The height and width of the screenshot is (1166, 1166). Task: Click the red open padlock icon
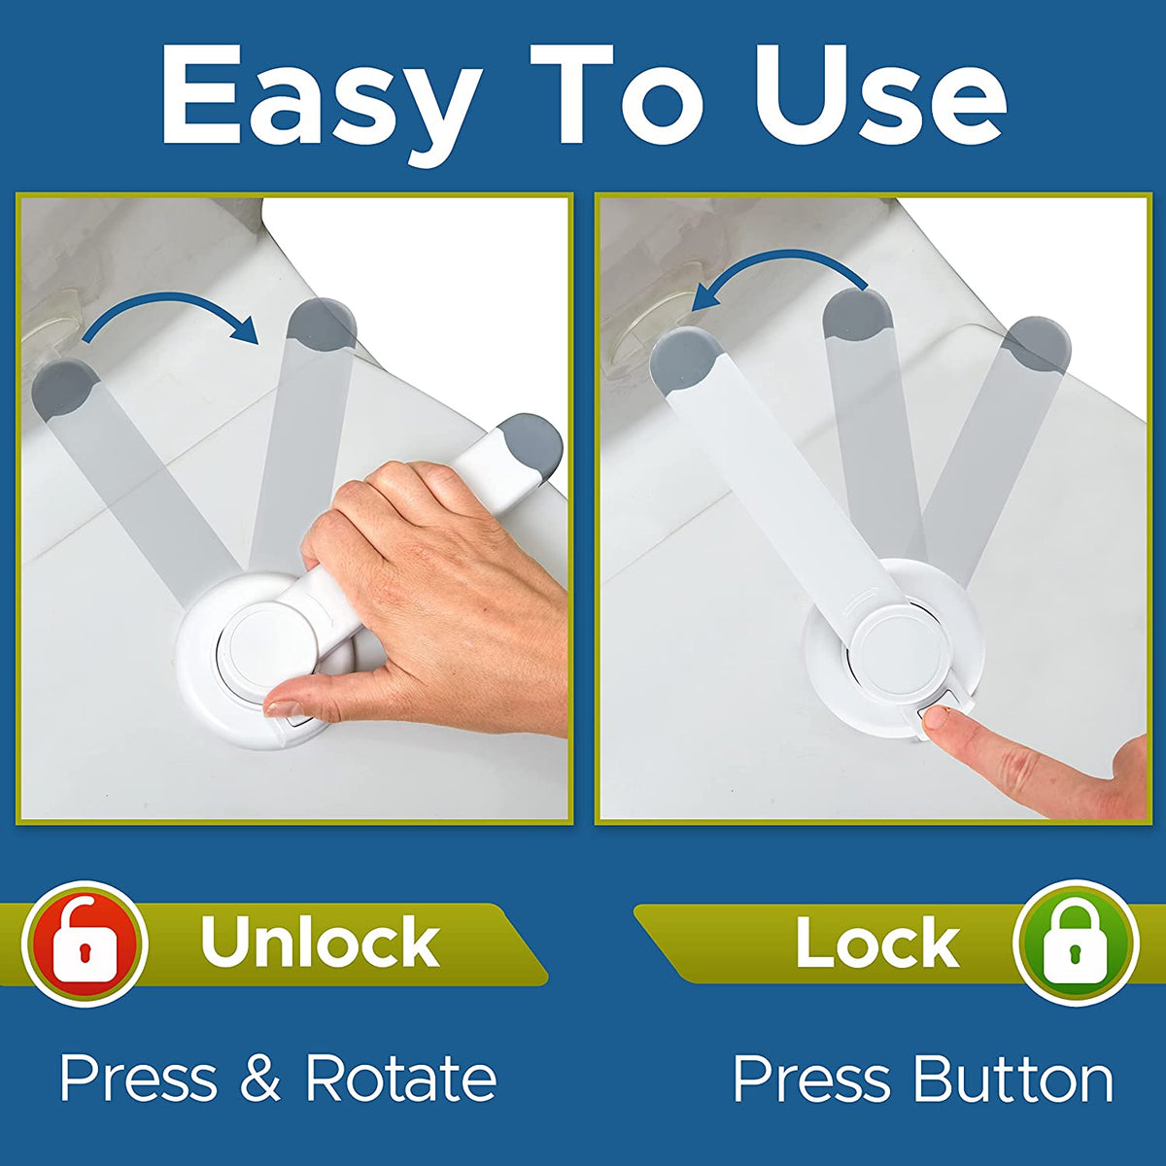(x=85, y=943)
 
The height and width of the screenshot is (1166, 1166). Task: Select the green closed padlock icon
(x=1075, y=942)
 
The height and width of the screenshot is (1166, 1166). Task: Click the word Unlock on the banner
(x=320, y=942)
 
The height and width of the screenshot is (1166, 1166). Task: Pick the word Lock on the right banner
(x=876, y=942)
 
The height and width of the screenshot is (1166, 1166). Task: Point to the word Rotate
(x=400, y=1079)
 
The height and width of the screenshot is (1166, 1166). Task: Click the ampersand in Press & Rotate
(x=258, y=1079)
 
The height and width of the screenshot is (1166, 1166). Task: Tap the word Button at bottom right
(x=1012, y=1080)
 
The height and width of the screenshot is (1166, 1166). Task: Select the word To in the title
(x=627, y=95)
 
